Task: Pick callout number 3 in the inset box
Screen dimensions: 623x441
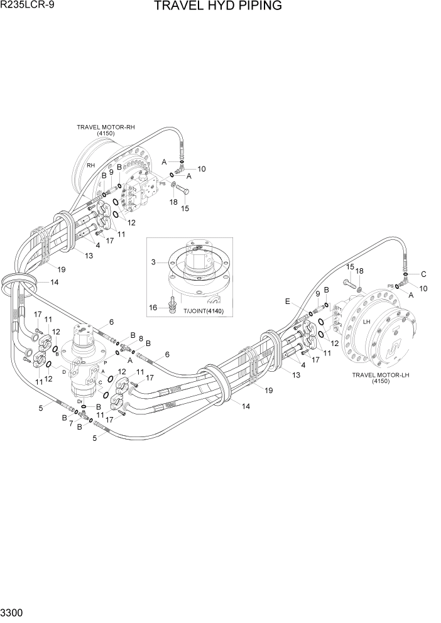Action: [153, 261]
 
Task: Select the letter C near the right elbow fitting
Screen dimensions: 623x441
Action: [423, 274]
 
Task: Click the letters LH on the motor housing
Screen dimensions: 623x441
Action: [366, 322]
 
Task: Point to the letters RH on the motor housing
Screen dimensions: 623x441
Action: [91, 165]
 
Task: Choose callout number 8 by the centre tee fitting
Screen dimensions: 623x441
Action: [140, 338]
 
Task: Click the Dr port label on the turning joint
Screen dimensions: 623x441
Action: [80, 400]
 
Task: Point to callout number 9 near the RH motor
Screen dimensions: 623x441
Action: [111, 172]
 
